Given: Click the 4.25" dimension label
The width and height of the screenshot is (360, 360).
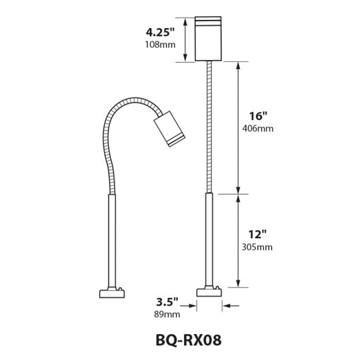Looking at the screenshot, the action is (161, 32).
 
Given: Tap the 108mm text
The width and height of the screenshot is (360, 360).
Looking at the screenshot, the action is (160, 45).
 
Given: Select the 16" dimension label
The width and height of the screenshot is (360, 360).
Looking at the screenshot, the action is (259, 116).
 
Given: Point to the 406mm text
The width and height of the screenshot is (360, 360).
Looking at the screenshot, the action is (258, 129).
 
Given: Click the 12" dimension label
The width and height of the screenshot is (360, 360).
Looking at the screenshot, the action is (257, 235).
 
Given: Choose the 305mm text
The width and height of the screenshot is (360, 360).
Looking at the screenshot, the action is (257, 247).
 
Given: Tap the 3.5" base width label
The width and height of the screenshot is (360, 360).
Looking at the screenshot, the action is (167, 302).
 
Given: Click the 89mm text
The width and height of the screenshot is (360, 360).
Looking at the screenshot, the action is (167, 314).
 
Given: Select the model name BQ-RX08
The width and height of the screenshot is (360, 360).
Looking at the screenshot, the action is (189, 340).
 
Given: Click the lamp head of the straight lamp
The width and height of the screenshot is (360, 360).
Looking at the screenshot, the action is (208, 39).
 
